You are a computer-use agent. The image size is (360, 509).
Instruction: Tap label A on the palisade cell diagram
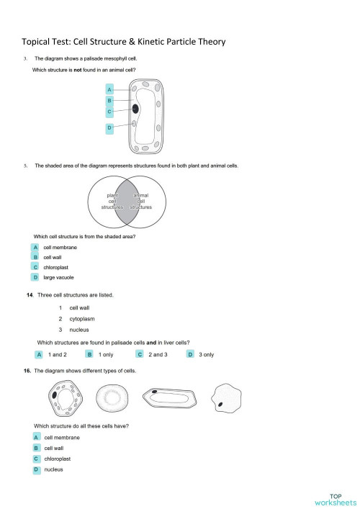click(109, 89)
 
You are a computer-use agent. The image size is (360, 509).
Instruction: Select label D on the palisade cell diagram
click(109, 127)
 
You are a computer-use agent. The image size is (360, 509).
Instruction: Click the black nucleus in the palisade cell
click(135, 109)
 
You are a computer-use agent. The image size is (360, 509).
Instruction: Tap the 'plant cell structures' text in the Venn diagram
click(112, 201)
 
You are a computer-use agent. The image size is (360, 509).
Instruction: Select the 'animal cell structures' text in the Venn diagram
click(142, 201)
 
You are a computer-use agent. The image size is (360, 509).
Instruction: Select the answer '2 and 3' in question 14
click(157, 354)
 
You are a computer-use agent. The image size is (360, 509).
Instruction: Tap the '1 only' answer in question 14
click(105, 354)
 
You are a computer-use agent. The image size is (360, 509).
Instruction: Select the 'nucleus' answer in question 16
click(53, 469)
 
